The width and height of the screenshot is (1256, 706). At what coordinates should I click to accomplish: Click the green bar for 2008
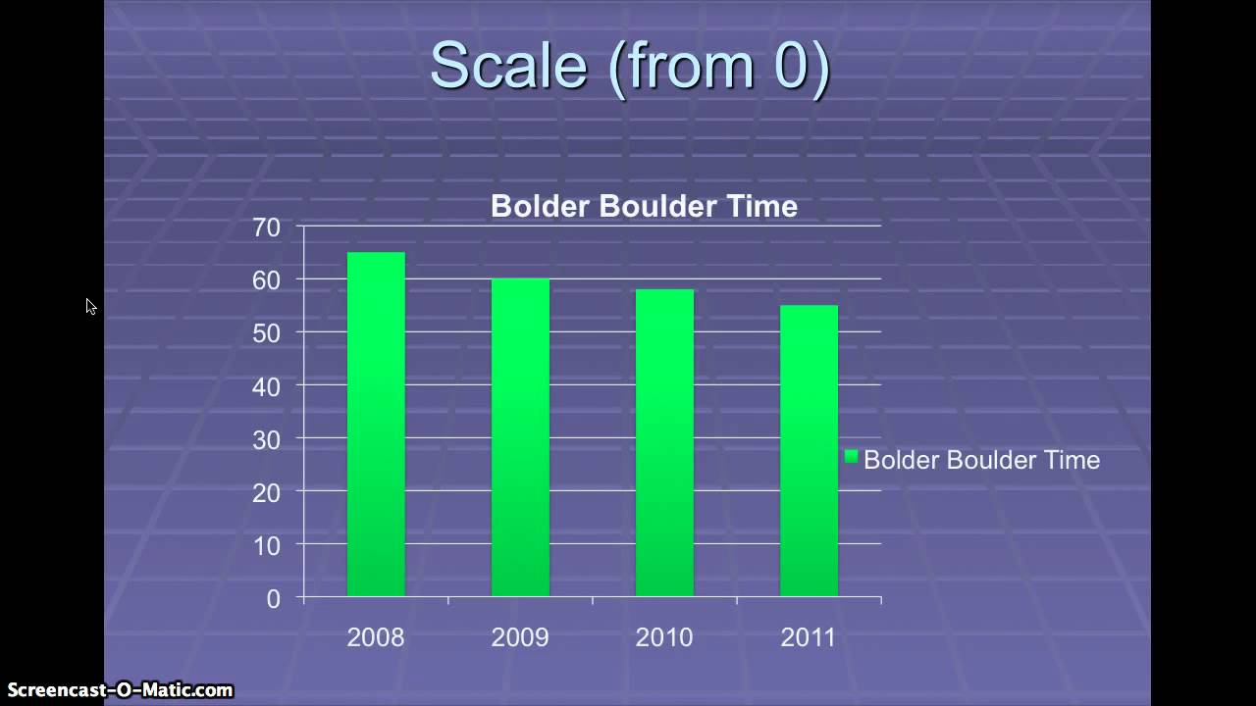click(376, 424)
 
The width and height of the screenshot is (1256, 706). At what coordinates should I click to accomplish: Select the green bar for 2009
click(520, 437)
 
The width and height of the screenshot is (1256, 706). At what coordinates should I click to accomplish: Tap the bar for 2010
click(664, 442)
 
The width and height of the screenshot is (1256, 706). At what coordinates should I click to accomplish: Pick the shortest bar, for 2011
click(809, 450)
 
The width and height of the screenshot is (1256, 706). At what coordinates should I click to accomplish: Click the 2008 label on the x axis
click(376, 637)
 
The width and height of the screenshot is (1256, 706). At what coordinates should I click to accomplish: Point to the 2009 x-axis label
click(520, 637)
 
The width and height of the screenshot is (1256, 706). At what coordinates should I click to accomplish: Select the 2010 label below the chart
click(664, 637)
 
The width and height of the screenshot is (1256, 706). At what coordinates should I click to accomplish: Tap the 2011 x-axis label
click(809, 637)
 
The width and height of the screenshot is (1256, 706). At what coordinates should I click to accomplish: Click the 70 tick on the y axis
click(266, 227)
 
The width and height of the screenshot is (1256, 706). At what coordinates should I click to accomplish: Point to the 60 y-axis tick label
click(266, 280)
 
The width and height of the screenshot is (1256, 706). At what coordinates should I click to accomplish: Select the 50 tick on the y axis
click(266, 333)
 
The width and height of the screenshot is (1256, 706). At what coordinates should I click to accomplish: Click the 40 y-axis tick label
click(266, 386)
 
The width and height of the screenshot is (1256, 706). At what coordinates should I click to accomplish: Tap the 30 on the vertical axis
click(266, 440)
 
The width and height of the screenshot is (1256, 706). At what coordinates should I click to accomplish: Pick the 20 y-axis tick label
click(266, 493)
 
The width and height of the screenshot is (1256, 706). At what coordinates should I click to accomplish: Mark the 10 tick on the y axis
click(266, 546)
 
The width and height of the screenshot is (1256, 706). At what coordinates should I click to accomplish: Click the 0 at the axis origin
click(273, 599)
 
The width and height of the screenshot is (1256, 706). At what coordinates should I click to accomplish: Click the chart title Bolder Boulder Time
click(644, 206)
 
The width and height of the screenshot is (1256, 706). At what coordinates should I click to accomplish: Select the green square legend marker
click(852, 457)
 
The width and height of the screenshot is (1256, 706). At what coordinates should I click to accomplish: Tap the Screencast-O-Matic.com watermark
click(120, 690)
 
